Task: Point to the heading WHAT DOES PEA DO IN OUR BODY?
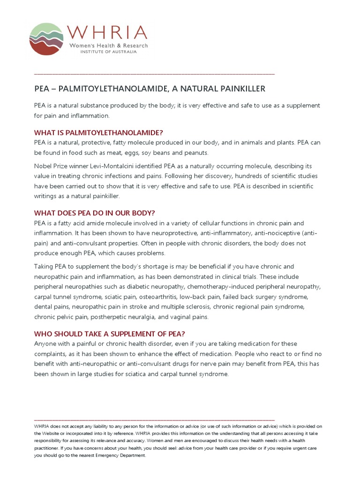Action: (x=94, y=213)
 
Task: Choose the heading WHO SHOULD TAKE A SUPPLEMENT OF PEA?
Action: (x=110, y=334)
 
